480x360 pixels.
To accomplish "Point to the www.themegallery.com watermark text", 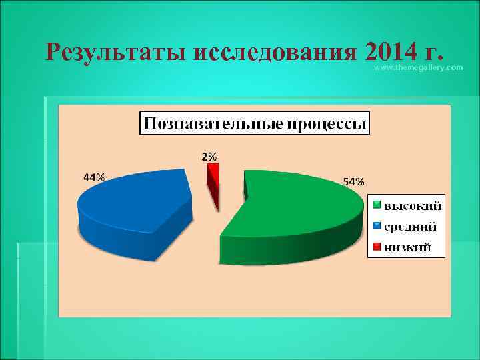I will [x=418, y=68].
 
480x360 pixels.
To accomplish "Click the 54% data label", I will [x=353, y=181].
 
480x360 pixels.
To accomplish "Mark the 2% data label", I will [x=209, y=157].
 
